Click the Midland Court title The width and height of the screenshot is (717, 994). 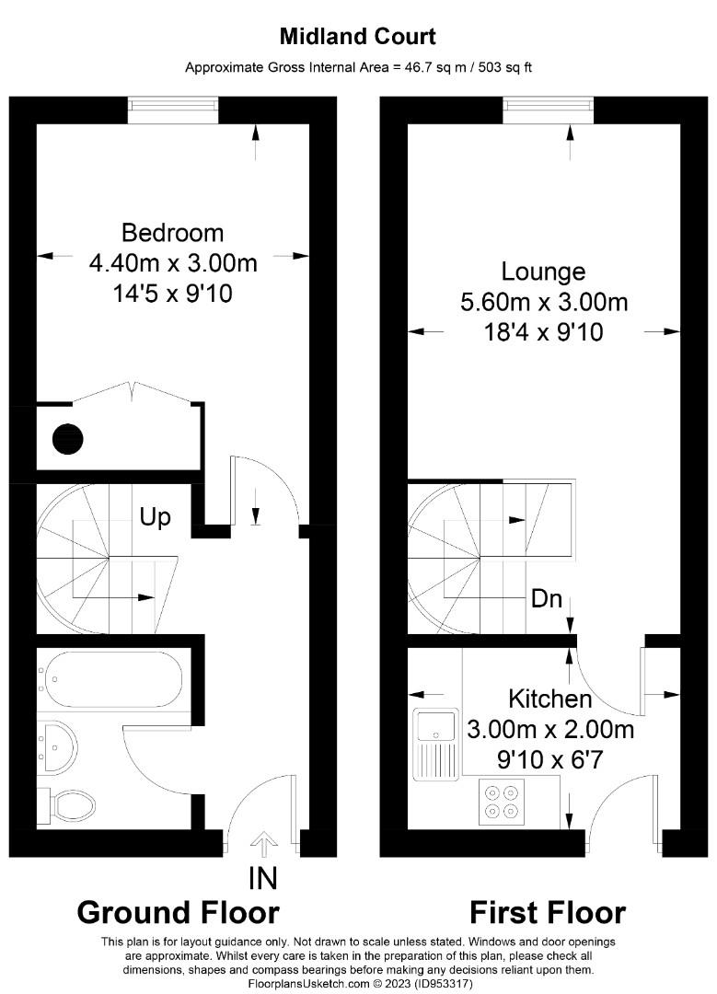[358, 37]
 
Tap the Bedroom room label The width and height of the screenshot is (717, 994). [172, 232]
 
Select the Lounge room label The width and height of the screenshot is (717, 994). [543, 272]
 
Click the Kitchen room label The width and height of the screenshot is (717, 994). [550, 699]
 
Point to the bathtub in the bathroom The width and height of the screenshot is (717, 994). [111, 679]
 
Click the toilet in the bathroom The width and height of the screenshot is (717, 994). [68, 805]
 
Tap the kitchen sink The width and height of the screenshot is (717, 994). [436, 726]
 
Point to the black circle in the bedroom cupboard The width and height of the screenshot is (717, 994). [68, 437]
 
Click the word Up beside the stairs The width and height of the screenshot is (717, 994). [155, 517]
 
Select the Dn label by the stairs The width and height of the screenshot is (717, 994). [547, 598]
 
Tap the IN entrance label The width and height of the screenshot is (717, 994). [263, 878]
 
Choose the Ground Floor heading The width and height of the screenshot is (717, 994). [178, 912]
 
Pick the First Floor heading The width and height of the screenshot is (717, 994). [548, 912]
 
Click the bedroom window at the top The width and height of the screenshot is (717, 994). [172, 110]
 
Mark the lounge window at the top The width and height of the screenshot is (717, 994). [548, 110]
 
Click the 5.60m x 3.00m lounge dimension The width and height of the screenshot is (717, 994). [543, 302]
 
